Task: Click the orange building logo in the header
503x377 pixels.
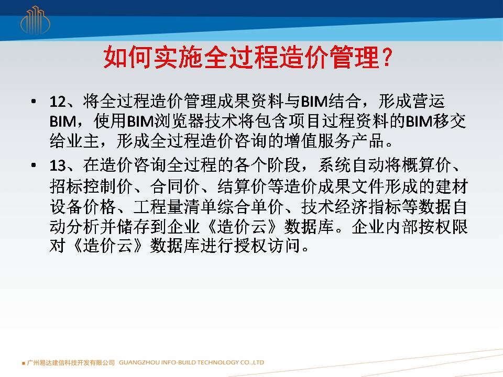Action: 35,20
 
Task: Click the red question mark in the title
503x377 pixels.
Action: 387,57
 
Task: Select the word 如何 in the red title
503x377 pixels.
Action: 128,57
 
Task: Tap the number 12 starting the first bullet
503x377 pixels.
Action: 58,102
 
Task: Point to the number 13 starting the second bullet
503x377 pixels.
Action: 58,166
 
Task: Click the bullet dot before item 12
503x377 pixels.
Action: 34,102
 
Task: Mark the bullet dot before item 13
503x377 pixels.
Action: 34,166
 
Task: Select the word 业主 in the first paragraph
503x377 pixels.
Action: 83,141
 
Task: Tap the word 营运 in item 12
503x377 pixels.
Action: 428,101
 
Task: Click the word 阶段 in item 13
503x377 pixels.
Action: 283,165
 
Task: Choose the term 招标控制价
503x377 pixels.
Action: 91,186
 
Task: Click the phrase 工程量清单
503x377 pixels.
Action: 174,207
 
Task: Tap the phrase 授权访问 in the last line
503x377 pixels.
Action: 268,246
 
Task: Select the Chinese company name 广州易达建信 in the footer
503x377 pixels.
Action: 48,362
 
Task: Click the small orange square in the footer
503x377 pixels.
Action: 24,363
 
